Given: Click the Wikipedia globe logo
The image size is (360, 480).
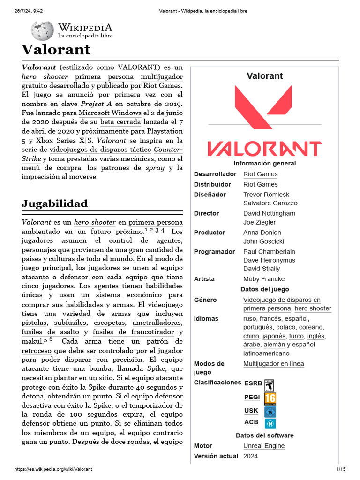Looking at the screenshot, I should coord(42,31).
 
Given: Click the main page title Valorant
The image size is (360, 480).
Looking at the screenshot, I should coord(56,50).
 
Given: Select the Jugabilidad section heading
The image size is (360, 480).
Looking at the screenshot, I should coord(54,203).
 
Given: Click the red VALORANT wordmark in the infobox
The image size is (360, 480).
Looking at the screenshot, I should coord(264,149).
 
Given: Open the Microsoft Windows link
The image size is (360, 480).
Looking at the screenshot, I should coord(110,113).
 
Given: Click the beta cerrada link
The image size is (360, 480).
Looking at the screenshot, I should coord(120,122).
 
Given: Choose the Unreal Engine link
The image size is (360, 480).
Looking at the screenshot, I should coord(263,446).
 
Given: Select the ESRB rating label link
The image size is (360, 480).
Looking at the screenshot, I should coord(253,383).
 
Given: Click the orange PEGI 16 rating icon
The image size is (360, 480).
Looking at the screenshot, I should coord(270,398).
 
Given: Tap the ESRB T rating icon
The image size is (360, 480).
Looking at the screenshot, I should coord(269,384).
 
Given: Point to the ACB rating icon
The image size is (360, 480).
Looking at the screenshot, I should coord(270,423).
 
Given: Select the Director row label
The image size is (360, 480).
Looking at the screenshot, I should coord(206,213).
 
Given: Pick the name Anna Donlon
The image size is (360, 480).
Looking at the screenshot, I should coord(262,232).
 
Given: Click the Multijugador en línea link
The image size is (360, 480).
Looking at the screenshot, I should coord(273,364).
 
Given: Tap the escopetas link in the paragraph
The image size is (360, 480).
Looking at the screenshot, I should coord(110,323).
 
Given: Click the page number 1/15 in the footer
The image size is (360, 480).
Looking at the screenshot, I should coord(340,469).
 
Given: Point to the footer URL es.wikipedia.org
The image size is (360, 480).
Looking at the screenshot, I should coord(53,469).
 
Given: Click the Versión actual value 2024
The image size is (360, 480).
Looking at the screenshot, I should coord(250,456).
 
